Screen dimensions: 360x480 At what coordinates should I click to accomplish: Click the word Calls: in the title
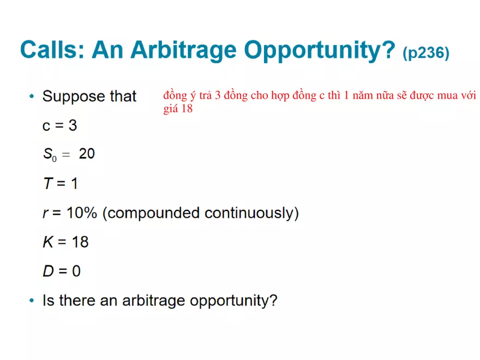51,50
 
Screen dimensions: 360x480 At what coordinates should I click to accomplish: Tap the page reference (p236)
425,53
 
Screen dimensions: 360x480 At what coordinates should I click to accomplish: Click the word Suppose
74,97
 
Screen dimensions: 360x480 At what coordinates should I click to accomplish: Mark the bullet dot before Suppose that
32,97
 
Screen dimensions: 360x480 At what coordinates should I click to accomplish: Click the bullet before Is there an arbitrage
32,301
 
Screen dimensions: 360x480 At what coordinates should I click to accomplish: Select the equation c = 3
59,126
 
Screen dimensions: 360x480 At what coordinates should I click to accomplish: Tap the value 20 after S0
87,154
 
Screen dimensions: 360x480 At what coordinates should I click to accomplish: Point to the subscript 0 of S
54,159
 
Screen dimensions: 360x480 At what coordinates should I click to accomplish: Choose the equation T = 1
60,184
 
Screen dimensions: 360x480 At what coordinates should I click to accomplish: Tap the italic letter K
48,242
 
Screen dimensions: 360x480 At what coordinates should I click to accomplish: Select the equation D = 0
62,271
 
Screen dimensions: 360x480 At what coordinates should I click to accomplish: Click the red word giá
170,109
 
